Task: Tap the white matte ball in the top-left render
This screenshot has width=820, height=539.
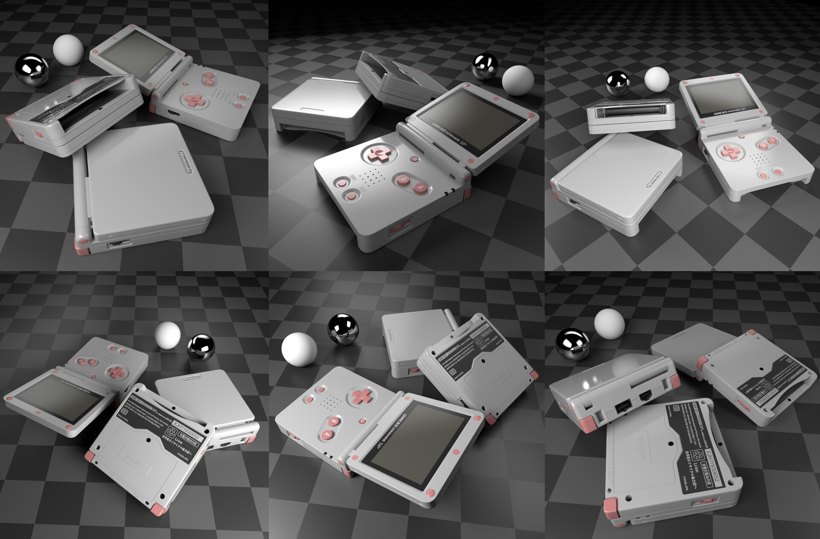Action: [68, 50]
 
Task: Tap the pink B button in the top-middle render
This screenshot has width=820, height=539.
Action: [402, 180]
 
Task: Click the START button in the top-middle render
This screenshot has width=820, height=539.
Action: [351, 196]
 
